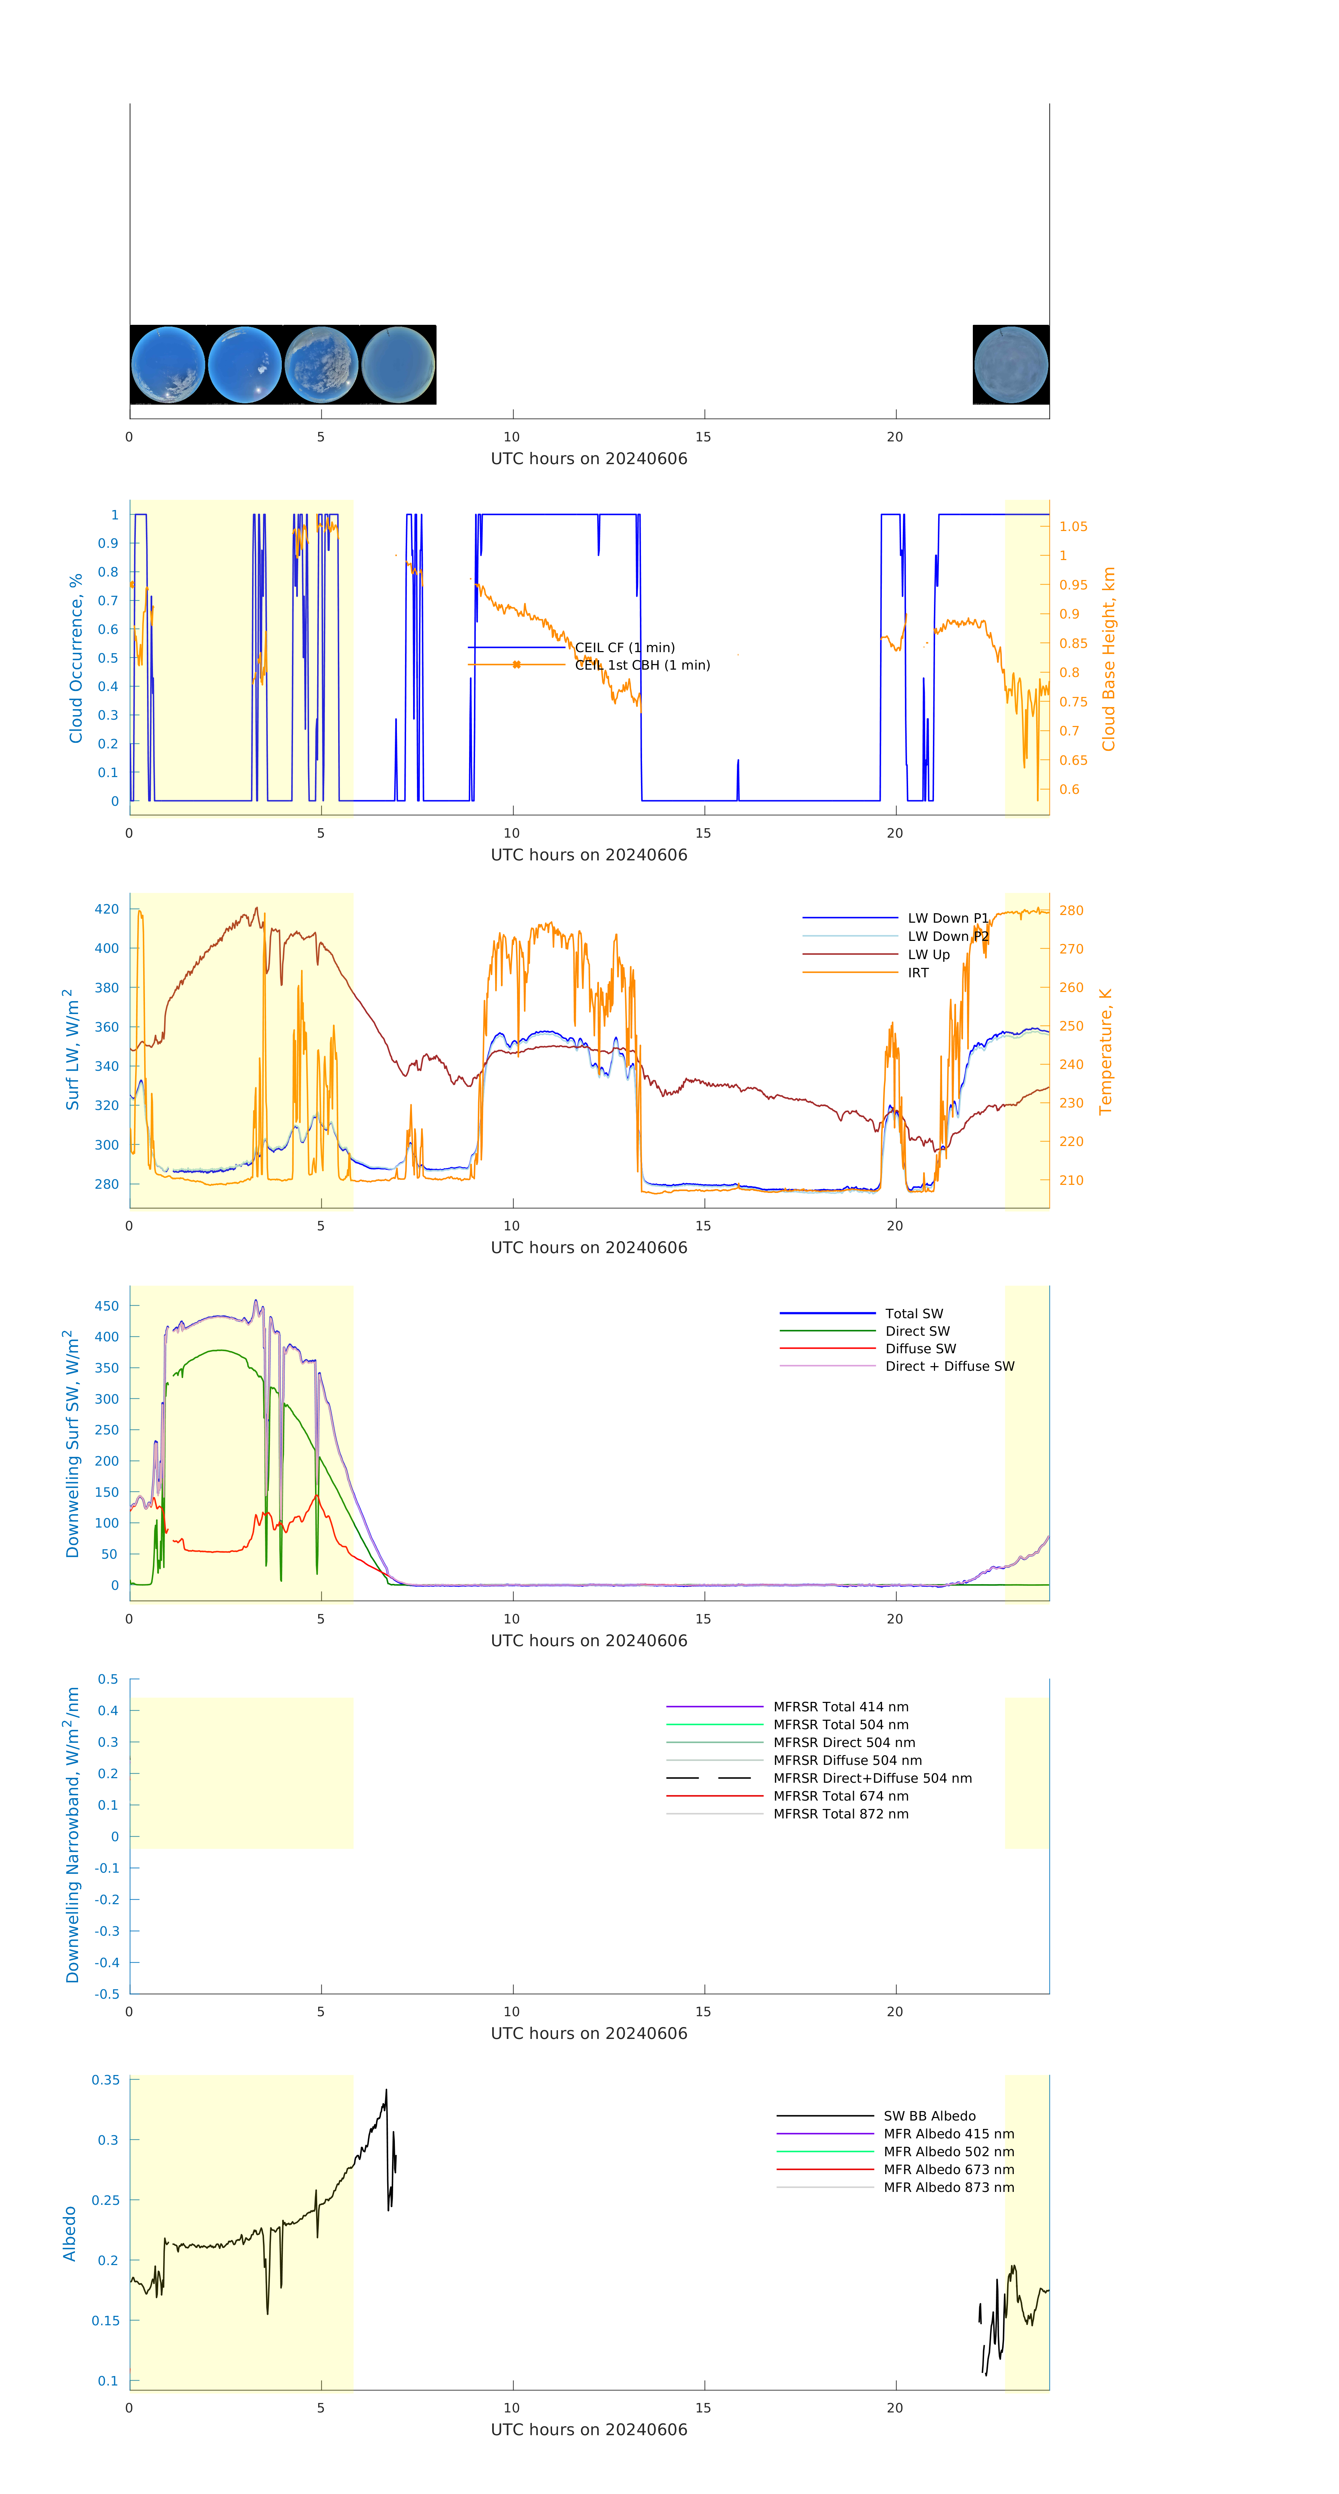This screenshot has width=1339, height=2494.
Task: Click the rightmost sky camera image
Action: click(x=1011, y=365)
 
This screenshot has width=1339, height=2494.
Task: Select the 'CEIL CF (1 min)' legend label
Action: click(x=625, y=648)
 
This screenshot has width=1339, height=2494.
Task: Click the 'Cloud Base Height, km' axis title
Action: click(x=1109, y=659)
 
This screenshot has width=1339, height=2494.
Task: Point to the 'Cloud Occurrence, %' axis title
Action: click(x=76, y=658)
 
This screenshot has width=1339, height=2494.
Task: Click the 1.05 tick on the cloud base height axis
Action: click(x=1073, y=527)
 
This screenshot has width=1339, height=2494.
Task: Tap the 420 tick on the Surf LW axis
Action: click(x=106, y=909)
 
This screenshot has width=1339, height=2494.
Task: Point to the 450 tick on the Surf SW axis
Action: click(x=106, y=1306)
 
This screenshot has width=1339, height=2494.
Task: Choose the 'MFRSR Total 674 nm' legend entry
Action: click(x=841, y=1796)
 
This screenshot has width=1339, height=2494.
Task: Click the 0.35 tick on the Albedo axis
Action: click(x=105, y=2081)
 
